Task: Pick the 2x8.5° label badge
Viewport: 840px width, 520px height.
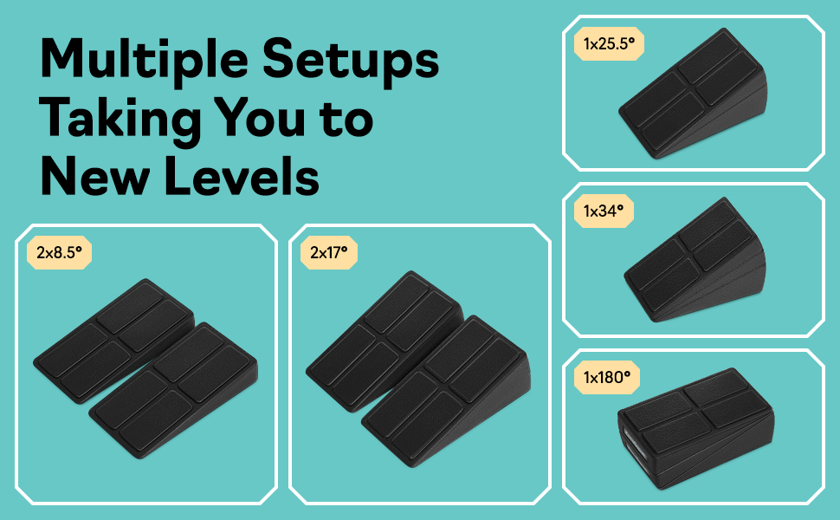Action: click(x=59, y=253)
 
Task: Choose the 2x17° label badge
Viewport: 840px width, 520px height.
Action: click(x=328, y=253)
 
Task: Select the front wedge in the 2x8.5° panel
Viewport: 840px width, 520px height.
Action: click(x=178, y=381)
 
